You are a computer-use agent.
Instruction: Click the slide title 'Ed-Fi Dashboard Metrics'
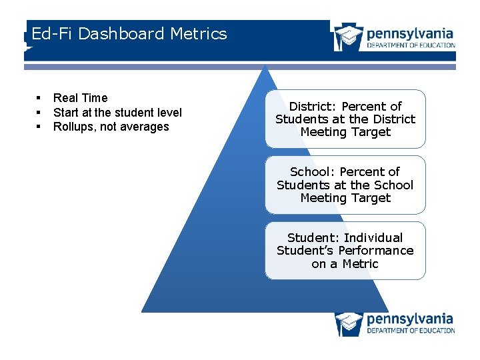click(129, 34)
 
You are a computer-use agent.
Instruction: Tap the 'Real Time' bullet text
click(80, 98)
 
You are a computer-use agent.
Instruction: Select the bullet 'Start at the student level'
click(117, 113)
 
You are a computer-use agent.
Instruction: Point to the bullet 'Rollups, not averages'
click(111, 127)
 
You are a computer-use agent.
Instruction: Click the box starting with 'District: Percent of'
click(345, 119)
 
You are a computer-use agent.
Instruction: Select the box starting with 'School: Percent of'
click(345, 185)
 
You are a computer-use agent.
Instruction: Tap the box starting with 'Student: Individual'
click(345, 251)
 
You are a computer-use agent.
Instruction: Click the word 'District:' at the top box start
click(313, 107)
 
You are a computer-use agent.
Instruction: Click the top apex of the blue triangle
click(265, 66)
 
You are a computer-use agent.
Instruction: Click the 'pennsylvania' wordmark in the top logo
click(410, 33)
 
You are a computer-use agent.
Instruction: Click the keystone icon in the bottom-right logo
click(349, 323)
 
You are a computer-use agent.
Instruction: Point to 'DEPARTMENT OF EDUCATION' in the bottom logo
click(411, 331)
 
